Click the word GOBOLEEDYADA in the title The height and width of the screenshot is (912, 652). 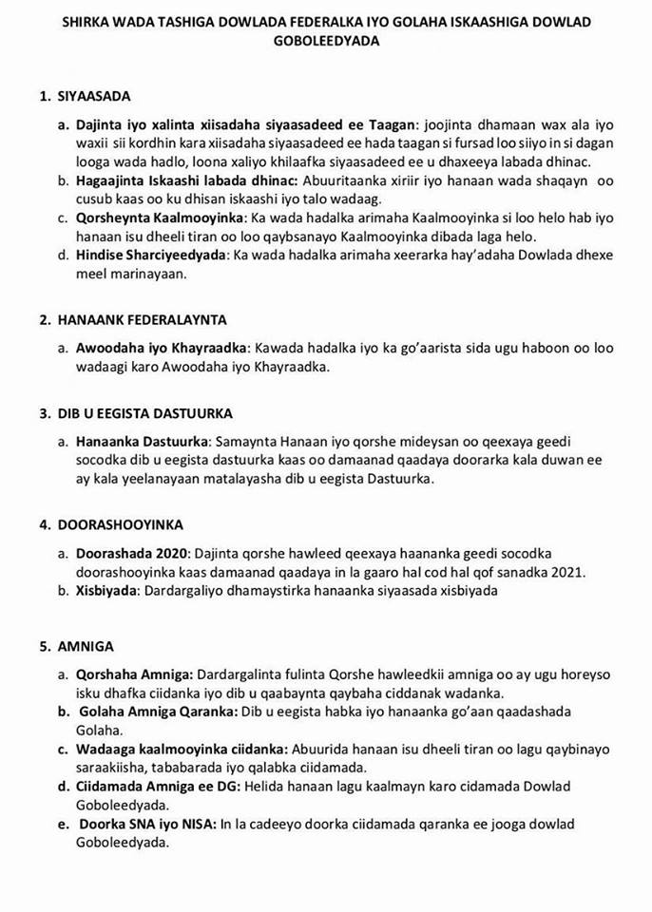[325, 43]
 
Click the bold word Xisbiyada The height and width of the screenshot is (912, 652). [107, 590]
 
